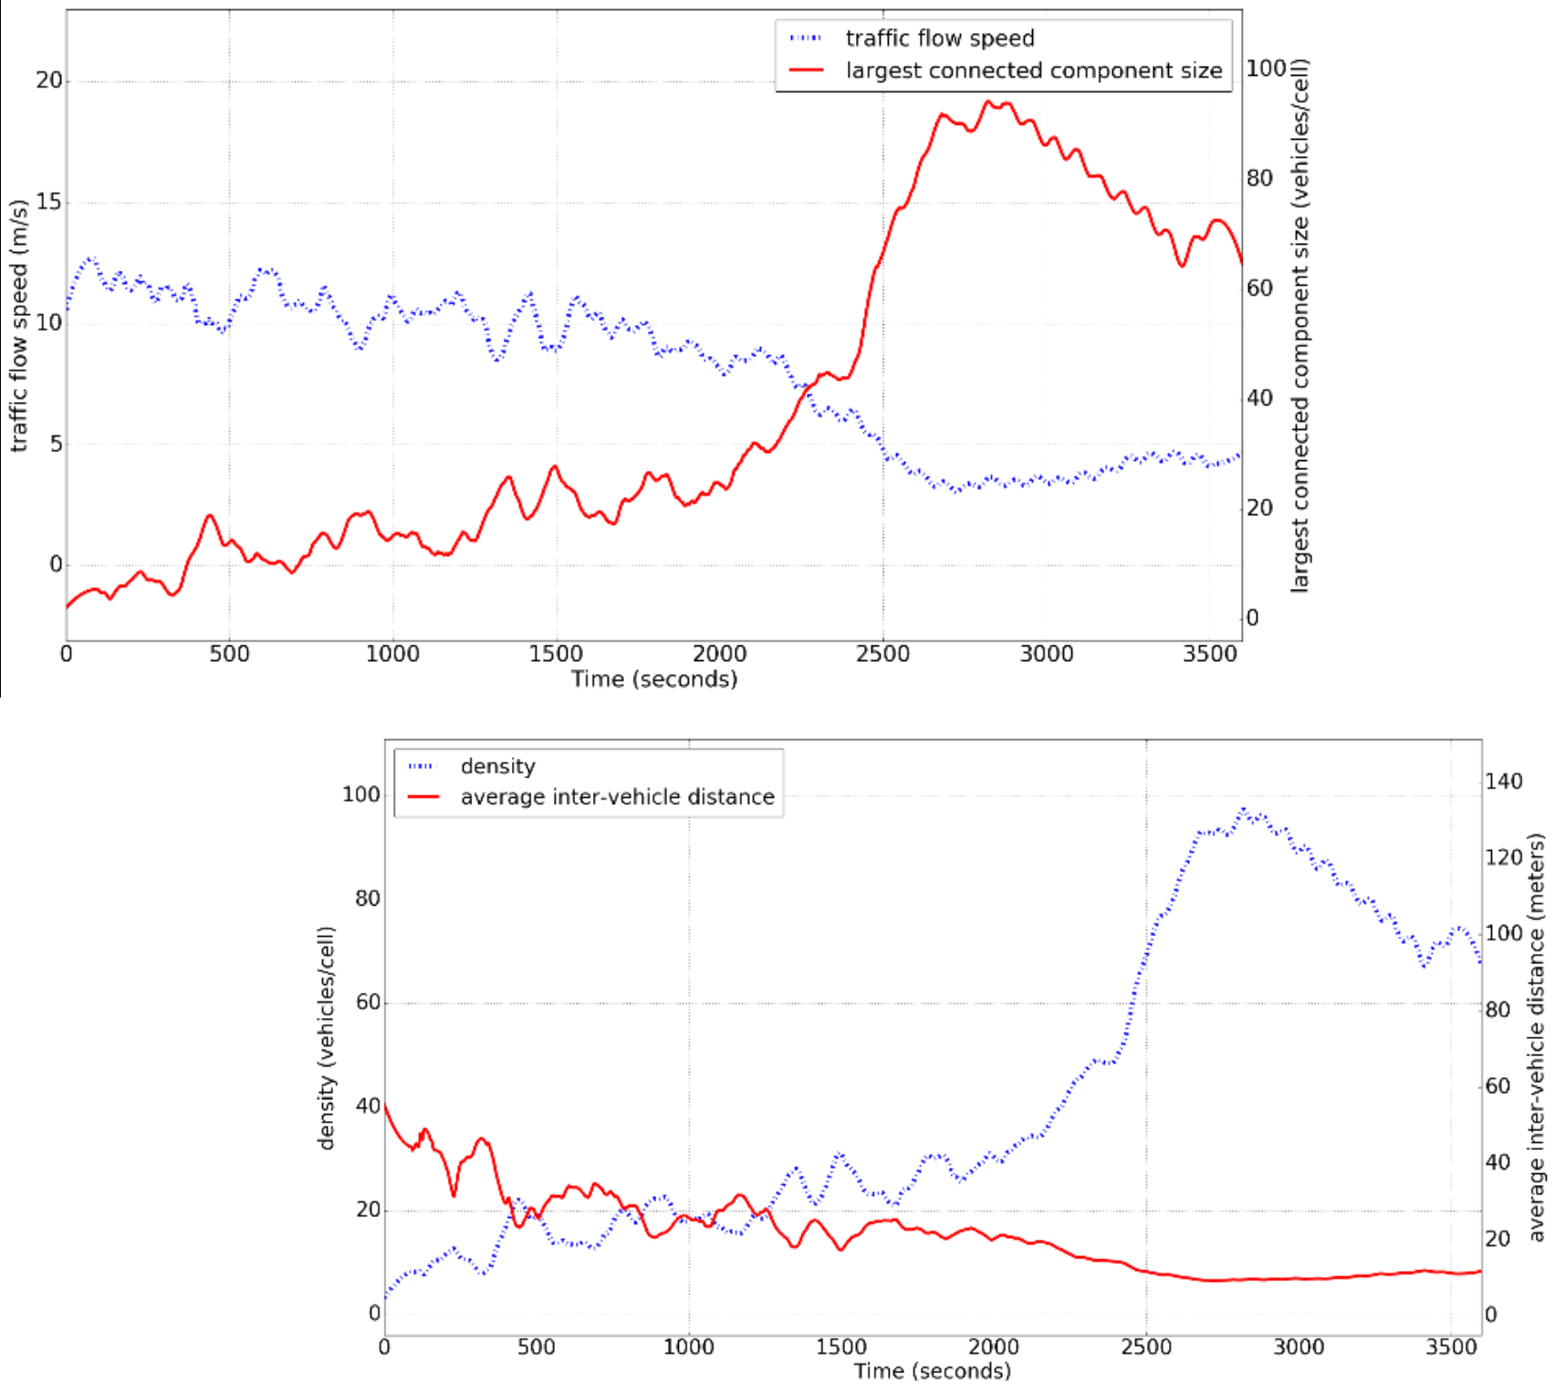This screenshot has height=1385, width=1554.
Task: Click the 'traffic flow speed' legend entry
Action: point(939,38)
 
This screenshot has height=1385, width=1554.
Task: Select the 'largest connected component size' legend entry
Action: point(1033,70)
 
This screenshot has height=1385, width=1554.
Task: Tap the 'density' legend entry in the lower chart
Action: point(497,766)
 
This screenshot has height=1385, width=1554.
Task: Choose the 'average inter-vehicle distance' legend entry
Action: point(617,797)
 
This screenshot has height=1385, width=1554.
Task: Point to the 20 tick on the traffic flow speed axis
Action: point(49,80)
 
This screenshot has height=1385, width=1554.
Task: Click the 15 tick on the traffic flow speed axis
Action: point(49,202)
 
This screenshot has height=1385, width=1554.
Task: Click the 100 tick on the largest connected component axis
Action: point(1267,68)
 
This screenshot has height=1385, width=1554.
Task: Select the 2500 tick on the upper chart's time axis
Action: point(882,654)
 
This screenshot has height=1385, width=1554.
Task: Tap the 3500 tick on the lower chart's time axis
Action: point(1451,1347)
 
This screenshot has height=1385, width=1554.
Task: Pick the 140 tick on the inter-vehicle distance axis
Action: point(1503,782)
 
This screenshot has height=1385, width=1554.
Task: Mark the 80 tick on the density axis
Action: point(367,898)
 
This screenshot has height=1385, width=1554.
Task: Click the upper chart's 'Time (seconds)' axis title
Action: point(654,679)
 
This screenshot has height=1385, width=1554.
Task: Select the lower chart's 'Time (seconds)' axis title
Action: point(932,1370)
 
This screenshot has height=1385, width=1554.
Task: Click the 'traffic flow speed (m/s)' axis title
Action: point(19,324)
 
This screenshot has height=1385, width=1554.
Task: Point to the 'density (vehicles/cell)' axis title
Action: point(326,1037)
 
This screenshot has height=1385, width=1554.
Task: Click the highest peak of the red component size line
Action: point(987,102)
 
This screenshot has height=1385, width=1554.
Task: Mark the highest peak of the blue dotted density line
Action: point(1243,810)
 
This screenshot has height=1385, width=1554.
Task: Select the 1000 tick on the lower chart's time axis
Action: point(688,1347)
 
